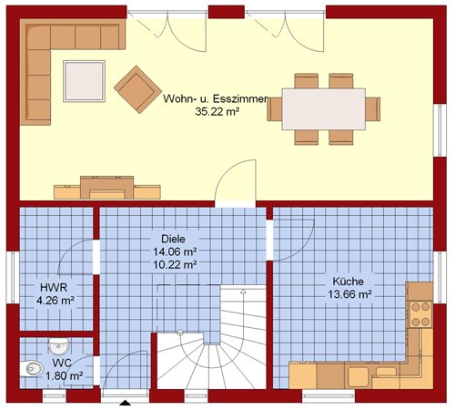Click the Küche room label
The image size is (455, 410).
click(x=348, y=282)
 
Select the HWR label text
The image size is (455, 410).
click(x=54, y=287)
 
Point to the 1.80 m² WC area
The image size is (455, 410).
click(x=65, y=376)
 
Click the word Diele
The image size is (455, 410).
click(x=173, y=239)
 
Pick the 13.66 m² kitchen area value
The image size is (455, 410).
click(x=349, y=294)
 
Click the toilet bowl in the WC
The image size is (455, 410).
click(x=32, y=368)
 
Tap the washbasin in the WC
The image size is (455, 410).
click(x=59, y=346)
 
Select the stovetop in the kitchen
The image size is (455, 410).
click(x=421, y=314)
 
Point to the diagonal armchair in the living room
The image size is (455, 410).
click(x=137, y=89)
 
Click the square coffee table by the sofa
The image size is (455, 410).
click(x=84, y=81)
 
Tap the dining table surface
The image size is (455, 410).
click(x=324, y=109)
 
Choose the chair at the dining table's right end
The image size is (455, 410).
click(x=373, y=109)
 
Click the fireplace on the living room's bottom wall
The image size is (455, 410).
click(x=106, y=188)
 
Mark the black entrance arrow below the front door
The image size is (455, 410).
click(x=126, y=403)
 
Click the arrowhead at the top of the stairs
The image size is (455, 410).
click(x=243, y=292)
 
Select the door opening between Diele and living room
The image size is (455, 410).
click(x=236, y=204)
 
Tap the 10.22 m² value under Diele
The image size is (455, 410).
click(x=175, y=264)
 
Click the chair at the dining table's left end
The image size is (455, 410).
click(x=275, y=109)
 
